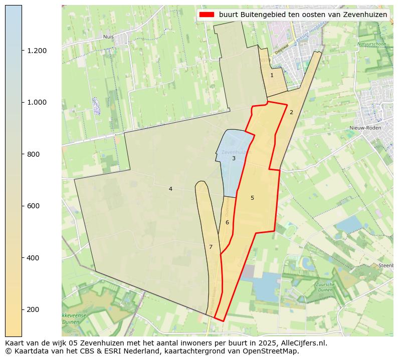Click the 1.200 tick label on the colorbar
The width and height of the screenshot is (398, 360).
coord(37,51)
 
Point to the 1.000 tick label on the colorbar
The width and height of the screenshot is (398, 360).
coord(37,102)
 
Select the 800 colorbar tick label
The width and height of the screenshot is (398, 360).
coord(34,154)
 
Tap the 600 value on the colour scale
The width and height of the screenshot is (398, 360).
coord(34,206)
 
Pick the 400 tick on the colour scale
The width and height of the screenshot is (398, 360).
coord(34,258)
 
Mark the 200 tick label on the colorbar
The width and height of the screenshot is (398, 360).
coord(34,309)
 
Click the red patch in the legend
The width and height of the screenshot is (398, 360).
coord(207,15)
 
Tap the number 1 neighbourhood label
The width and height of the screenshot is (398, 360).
coord(272,76)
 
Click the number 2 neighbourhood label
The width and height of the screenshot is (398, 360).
coord(291,112)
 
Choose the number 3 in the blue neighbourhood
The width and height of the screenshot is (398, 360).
coord(234,159)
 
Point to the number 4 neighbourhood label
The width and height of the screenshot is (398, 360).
coord(170,189)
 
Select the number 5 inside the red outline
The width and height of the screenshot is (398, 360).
coord(252,198)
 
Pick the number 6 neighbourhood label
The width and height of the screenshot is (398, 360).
coord(227,222)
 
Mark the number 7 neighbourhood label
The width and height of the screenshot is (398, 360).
coord(211,247)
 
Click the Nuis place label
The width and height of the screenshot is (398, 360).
coord(108,37)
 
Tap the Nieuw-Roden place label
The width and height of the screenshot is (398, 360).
coord(365,128)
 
